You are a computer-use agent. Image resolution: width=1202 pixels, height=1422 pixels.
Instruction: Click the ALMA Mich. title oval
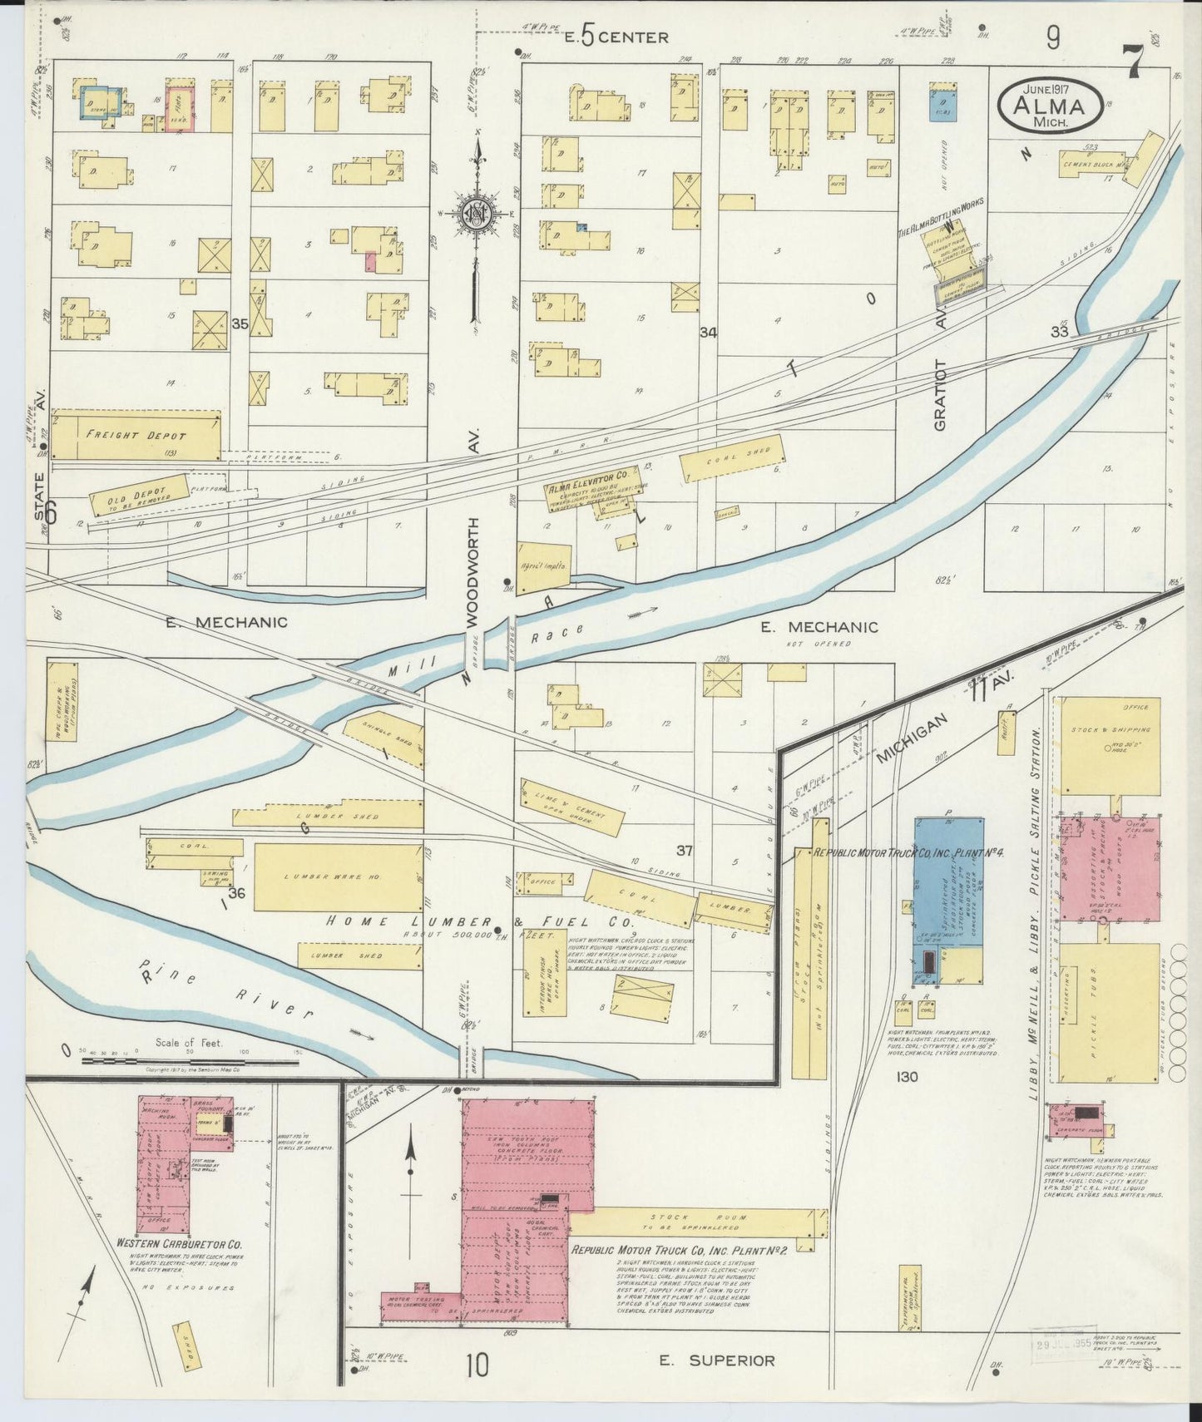pyautogui.click(x=1050, y=105)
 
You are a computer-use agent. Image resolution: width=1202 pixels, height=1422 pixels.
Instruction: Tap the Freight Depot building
pyautogui.click(x=136, y=434)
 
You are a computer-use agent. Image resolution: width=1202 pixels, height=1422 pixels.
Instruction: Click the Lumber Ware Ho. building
pyautogui.click(x=338, y=877)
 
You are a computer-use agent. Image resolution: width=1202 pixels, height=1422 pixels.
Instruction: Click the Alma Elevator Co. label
pyautogui.click(x=592, y=489)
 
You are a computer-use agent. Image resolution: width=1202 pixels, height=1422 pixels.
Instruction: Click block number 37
pyautogui.click(x=685, y=850)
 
